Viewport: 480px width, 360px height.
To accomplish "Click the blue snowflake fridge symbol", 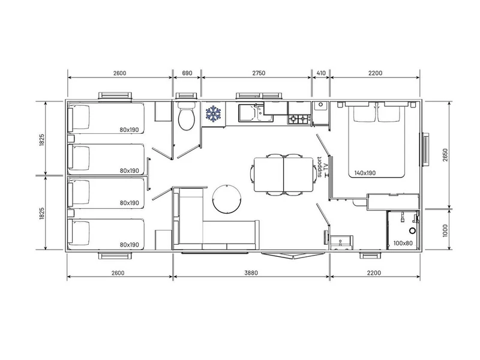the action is (x=214, y=113).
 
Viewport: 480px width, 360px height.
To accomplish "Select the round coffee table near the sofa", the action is (x=227, y=199).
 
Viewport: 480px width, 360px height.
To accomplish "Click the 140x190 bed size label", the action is (x=365, y=173).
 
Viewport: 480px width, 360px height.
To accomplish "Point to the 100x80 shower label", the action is (x=403, y=244).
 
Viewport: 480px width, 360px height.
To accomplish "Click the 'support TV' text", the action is (x=323, y=167).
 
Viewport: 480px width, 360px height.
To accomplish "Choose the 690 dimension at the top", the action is (x=187, y=73).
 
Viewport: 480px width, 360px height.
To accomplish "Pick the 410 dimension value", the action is (x=321, y=73).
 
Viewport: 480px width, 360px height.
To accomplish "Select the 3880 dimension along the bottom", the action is (x=251, y=273).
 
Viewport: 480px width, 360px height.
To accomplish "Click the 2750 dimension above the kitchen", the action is (x=259, y=73).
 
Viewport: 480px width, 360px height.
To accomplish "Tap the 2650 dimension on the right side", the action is (x=445, y=155).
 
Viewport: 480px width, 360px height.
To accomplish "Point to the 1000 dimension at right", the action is (x=445, y=230).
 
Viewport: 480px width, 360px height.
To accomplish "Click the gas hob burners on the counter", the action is (x=299, y=119).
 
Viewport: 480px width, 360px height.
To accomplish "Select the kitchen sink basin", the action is (x=247, y=112).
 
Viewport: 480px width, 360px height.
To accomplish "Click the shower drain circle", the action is (x=413, y=230).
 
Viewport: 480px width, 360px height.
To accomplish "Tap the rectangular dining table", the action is (x=283, y=173).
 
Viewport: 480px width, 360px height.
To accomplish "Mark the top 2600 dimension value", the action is (x=119, y=73).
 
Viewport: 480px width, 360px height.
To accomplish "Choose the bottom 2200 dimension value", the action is (x=374, y=273).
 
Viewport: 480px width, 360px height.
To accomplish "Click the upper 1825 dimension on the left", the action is (x=42, y=140).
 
